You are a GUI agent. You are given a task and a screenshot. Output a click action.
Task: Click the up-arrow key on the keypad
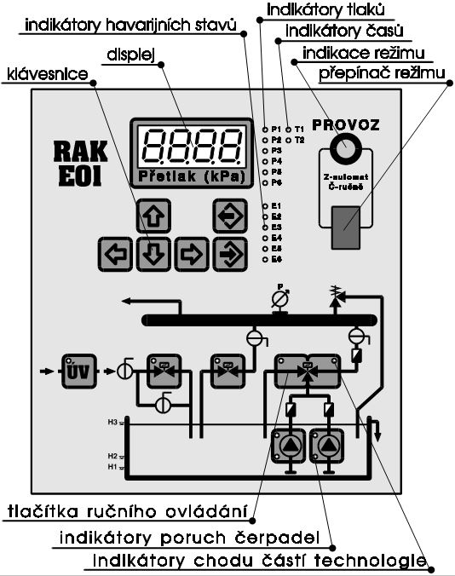click(150, 215)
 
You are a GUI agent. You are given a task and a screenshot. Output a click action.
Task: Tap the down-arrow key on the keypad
click(150, 252)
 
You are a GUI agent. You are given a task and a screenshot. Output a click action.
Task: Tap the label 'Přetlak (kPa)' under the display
click(185, 176)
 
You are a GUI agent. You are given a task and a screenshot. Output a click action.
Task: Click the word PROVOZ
click(346, 124)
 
